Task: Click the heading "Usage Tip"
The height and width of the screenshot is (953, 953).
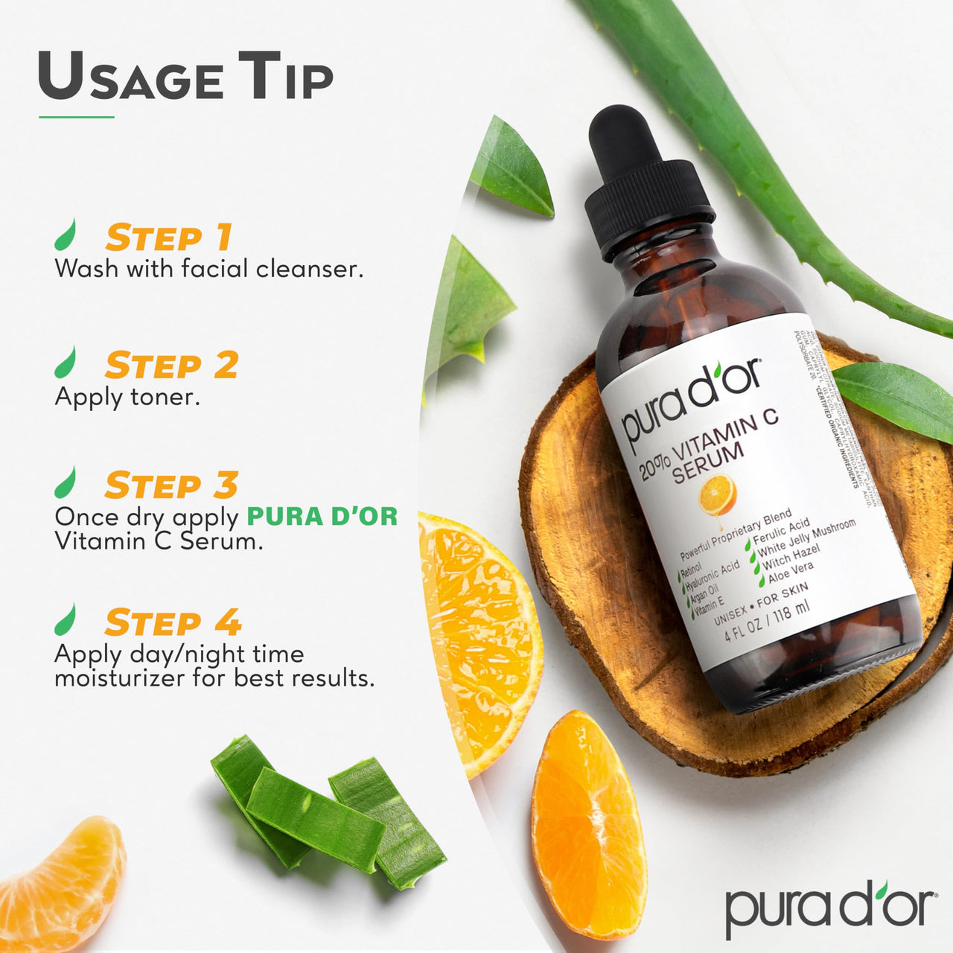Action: pos(185,77)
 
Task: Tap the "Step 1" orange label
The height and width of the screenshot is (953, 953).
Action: pos(169,238)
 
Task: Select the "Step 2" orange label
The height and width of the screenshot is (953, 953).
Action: pos(171,366)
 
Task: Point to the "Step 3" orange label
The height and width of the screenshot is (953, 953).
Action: pos(171,485)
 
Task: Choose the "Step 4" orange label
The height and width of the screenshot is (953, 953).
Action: pos(173,622)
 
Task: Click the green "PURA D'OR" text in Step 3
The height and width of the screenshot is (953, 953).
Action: pos(322,516)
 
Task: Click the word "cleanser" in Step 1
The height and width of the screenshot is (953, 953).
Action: pos(309,269)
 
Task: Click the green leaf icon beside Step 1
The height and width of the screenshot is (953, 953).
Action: pos(66,235)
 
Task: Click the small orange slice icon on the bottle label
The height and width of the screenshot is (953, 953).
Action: pos(718,494)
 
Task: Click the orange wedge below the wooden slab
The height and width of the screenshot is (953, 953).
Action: pos(587,823)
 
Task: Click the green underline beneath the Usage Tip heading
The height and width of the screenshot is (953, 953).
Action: pos(76,117)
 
